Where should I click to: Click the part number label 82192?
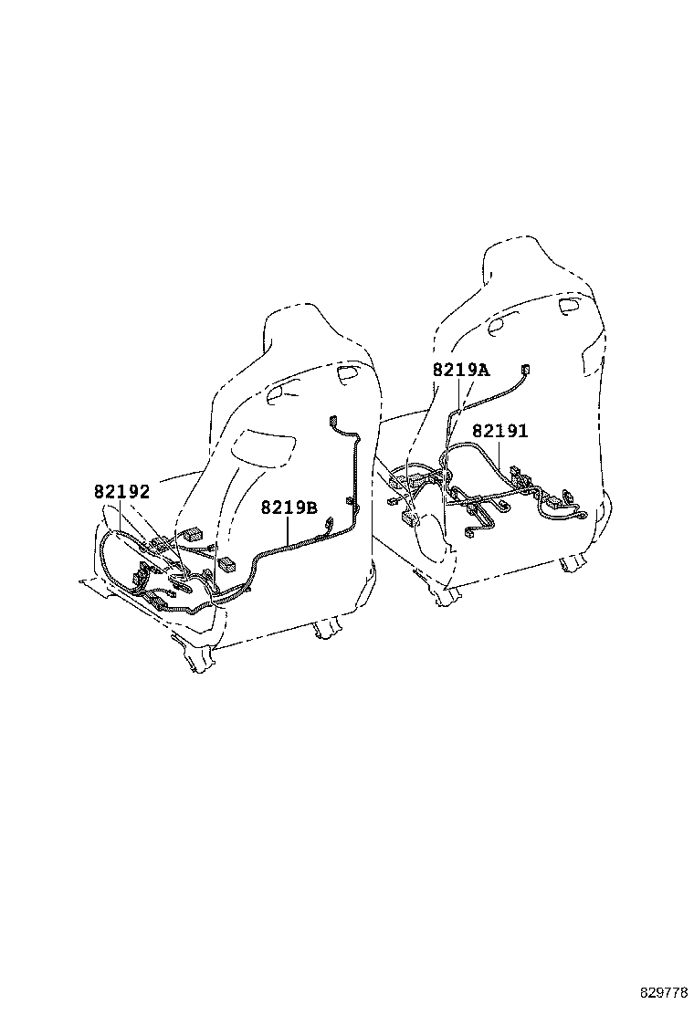pos(121,492)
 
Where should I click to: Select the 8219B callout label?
pos(289,507)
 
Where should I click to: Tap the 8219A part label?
pos(461,371)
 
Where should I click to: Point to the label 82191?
pos(499,431)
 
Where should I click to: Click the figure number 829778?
pos(664,993)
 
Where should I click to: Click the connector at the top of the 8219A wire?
pos(525,370)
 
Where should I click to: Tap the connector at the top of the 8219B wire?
pos(334,422)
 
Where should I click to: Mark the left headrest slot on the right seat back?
pos(503,325)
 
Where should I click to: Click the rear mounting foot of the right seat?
pos(573,565)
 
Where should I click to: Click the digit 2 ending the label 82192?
pos(144,492)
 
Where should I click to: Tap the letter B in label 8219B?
pos(311,507)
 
